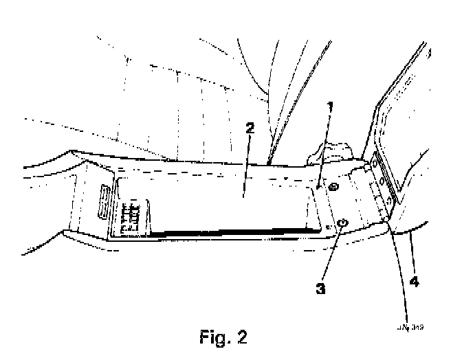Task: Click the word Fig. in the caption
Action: (210, 337)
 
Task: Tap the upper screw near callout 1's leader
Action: (333, 188)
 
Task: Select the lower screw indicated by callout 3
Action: (342, 223)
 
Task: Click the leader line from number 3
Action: (331, 254)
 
